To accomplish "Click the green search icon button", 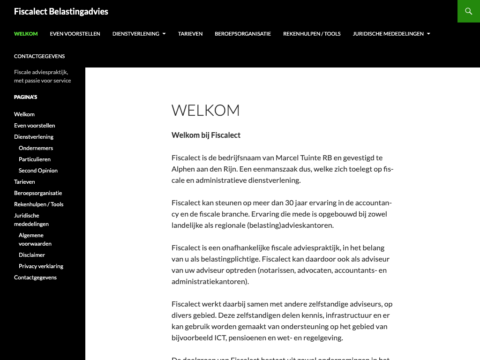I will [468, 11].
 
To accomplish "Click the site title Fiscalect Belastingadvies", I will [61, 11].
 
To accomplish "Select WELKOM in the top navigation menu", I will [26, 34].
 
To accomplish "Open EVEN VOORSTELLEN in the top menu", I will [75, 34].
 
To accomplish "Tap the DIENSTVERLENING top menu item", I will [136, 34].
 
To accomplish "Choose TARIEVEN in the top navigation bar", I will [190, 34].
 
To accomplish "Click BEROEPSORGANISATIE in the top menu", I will [243, 34].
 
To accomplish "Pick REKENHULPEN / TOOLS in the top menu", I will [312, 34].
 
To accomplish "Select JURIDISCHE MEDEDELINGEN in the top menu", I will [388, 34].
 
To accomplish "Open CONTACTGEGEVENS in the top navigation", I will [39, 56].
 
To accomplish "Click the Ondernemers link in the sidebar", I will [36, 148].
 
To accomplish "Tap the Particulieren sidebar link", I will [35, 159].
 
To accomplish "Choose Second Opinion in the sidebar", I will [38, 171].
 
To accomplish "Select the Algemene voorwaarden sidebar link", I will [35, 240].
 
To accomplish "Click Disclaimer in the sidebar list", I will [32, 255].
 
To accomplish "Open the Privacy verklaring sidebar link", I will [41, 266].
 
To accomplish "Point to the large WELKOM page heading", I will [206, 111].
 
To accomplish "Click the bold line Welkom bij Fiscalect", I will [206, 135].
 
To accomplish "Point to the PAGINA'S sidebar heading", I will [25, 97].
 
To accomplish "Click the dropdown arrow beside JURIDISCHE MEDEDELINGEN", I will [428, 34].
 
